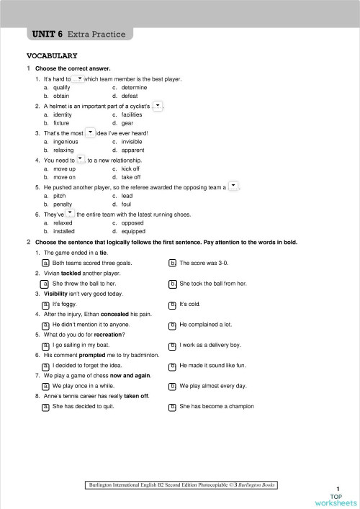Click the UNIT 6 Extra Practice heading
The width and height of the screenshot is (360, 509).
coord(79,34)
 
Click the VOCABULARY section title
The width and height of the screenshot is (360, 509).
coord(52,55)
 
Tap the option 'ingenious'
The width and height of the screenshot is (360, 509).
coord(68,142)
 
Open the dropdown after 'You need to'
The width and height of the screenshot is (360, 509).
coord(81,159)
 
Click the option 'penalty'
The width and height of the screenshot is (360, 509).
coord(63,204)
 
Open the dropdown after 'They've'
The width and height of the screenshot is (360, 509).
coord(70,214)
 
